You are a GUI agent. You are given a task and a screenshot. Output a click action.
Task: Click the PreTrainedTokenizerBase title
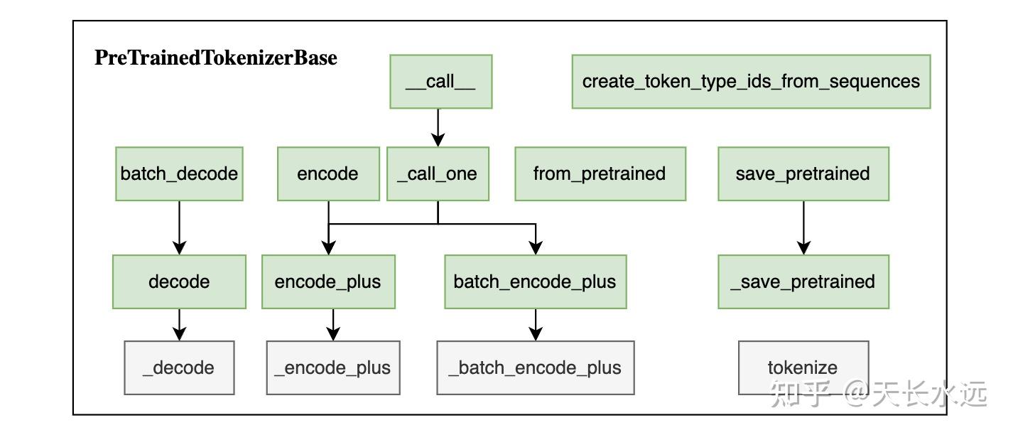[x=216, y=58]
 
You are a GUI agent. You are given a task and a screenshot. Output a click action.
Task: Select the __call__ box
[x=440, y=82]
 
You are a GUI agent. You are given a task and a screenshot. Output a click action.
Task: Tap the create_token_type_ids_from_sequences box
[x=751, y=82]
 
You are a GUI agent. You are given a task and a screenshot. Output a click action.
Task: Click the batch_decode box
[x=179, y=174]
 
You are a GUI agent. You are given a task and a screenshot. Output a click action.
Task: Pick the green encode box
[x=327, y=174]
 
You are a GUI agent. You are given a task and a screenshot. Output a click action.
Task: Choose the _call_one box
[x=438, y=174]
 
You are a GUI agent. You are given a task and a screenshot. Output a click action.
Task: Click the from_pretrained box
[x=600, y=174]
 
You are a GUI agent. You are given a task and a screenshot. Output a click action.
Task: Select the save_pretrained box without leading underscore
[x=803, y=174]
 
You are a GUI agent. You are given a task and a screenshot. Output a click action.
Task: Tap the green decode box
[x=179, y=281]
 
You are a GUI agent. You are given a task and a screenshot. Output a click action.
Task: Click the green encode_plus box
[x=328, y=281]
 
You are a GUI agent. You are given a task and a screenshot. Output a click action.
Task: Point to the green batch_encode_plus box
[x=535, y=281]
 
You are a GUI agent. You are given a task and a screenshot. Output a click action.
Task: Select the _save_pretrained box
[x=803, y=281]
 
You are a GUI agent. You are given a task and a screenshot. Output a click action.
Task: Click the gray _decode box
[x=179, y=367]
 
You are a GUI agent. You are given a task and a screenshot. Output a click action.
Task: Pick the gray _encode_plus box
[x=332, y=367]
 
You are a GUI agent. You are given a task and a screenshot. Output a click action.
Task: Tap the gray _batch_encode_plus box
[x=535, y=367]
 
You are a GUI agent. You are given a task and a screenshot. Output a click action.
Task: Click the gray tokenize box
[x=803, y=367]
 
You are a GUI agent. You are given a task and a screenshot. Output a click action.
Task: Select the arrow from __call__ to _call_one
[x=438, y=127]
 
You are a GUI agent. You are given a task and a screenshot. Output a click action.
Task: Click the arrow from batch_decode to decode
[x=179, y=227]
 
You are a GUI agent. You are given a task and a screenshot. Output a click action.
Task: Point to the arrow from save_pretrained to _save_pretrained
[x=803, y=227]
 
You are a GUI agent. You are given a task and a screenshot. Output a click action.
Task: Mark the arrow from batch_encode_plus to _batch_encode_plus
[x=536, y=325]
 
